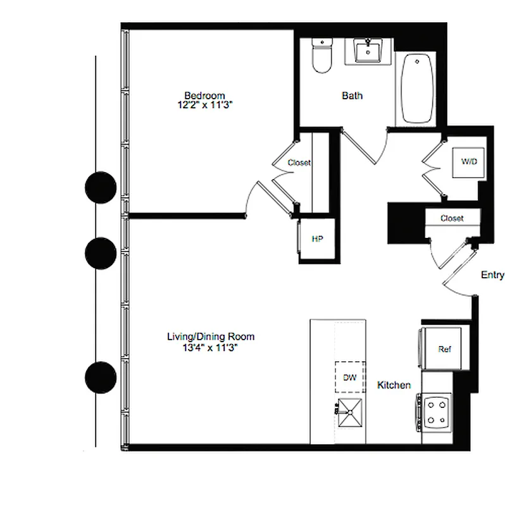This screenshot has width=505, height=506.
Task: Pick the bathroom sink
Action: [x=366, y=51]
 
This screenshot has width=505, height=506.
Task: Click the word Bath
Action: [x=352, y=96]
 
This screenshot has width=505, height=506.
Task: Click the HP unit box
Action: [x=317, y=239]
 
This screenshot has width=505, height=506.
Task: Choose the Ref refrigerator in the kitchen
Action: [x=444, y=349]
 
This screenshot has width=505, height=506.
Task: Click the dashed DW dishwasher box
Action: [x=349, y=378]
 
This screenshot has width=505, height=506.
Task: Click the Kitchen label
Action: [x=394, y=385]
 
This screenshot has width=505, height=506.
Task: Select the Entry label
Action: [x=492, y=275]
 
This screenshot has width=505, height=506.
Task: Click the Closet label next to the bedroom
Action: [x=299, y=163]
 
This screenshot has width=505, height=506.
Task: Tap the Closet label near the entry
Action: [x=452, y=219]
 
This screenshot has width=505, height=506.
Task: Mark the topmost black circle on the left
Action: [x=101, y=188]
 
